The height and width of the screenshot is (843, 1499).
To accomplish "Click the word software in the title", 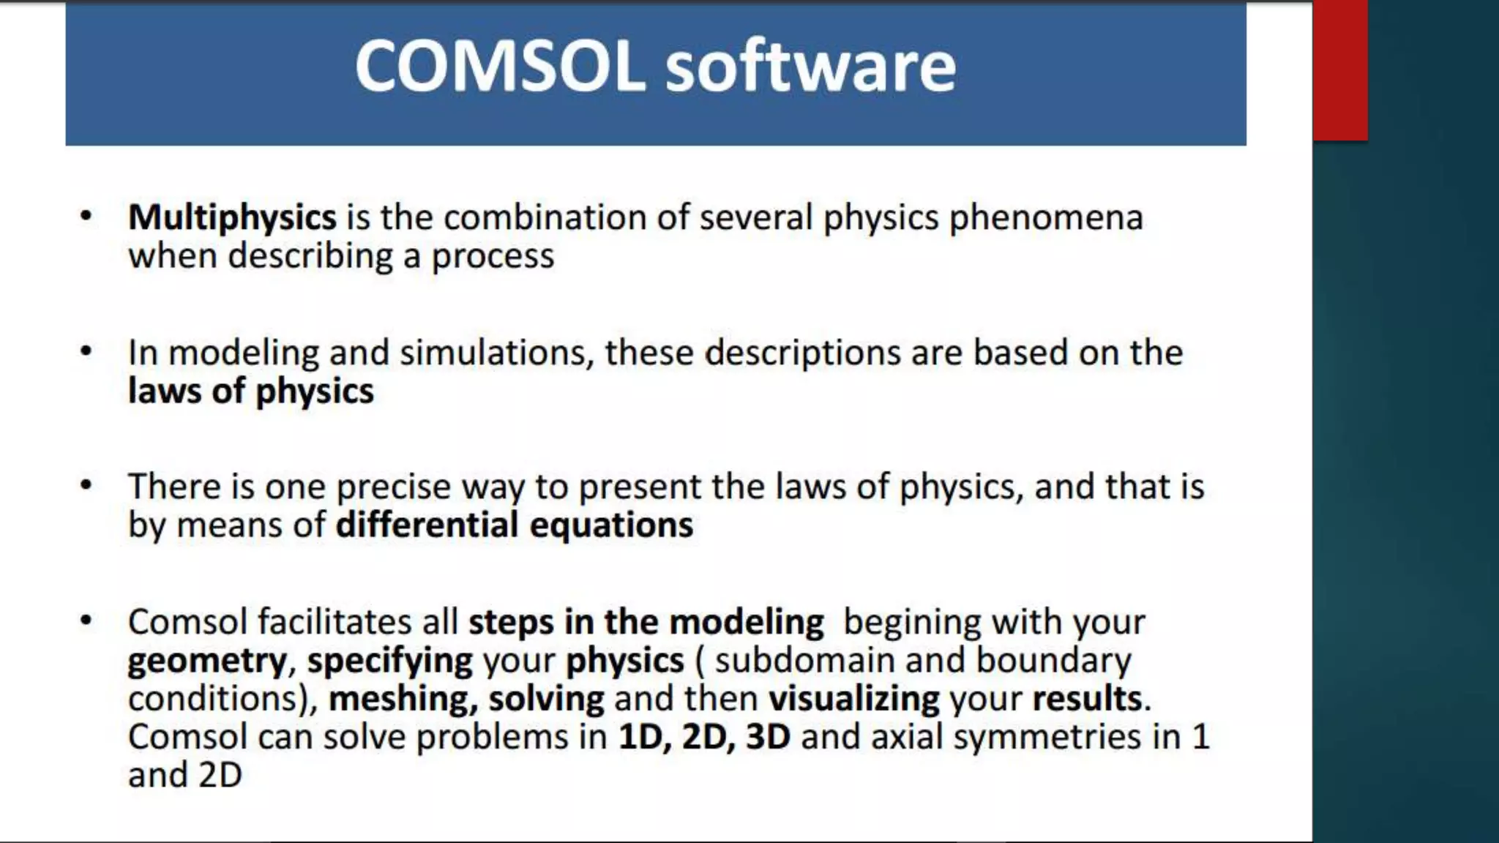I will coord(810,66).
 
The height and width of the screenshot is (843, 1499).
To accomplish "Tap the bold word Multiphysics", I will coord(232,217).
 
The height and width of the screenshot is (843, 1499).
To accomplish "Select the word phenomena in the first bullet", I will coord(1046,217).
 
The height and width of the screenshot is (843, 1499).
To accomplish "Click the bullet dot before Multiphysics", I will coord(86,217).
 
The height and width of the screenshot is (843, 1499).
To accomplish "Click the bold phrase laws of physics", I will coord(250,391).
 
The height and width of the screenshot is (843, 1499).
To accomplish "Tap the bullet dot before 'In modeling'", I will coord(86,352).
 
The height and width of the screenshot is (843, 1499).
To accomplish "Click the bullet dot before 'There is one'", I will coord(86,486).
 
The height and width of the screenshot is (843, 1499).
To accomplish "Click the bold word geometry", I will coord(207,661).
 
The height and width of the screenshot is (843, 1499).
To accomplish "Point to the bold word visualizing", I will coord(853,699).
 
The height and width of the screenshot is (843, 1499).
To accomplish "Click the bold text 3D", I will coord(768,737).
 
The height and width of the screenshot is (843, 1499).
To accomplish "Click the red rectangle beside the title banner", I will coord(1340,70).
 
